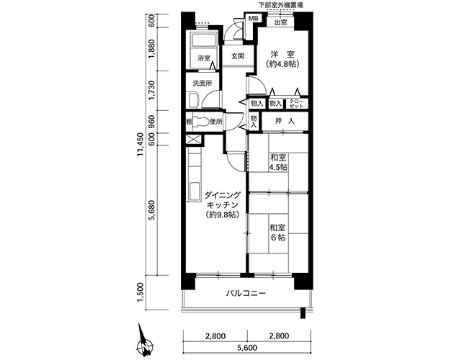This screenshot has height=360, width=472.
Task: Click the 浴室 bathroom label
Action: pos(204,58)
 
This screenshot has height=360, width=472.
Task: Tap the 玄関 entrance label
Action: pos(238,56)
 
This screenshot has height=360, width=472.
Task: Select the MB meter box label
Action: pos(253,18)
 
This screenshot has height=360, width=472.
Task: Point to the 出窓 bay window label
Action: pos(280,22)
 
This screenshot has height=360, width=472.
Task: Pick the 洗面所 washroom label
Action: pos(202,84)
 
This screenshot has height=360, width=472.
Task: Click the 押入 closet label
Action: pos(285,121)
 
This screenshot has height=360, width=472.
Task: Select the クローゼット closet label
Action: pos(296,104)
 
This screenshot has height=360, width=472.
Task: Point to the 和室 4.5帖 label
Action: pos(278,163)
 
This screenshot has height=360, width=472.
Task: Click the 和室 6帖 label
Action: pos(277,233)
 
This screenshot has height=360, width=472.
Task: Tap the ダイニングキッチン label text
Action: pos(223,200)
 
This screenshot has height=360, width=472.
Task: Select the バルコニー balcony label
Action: pos(246,293)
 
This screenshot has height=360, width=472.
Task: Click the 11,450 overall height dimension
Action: pos(141,145)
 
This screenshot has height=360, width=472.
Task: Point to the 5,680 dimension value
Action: pos(152,210)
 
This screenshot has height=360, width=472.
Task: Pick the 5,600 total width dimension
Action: pos(247,348)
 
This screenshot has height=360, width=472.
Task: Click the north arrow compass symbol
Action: pos(144,342)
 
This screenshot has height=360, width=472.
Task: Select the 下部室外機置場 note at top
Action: pos(280,5)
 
